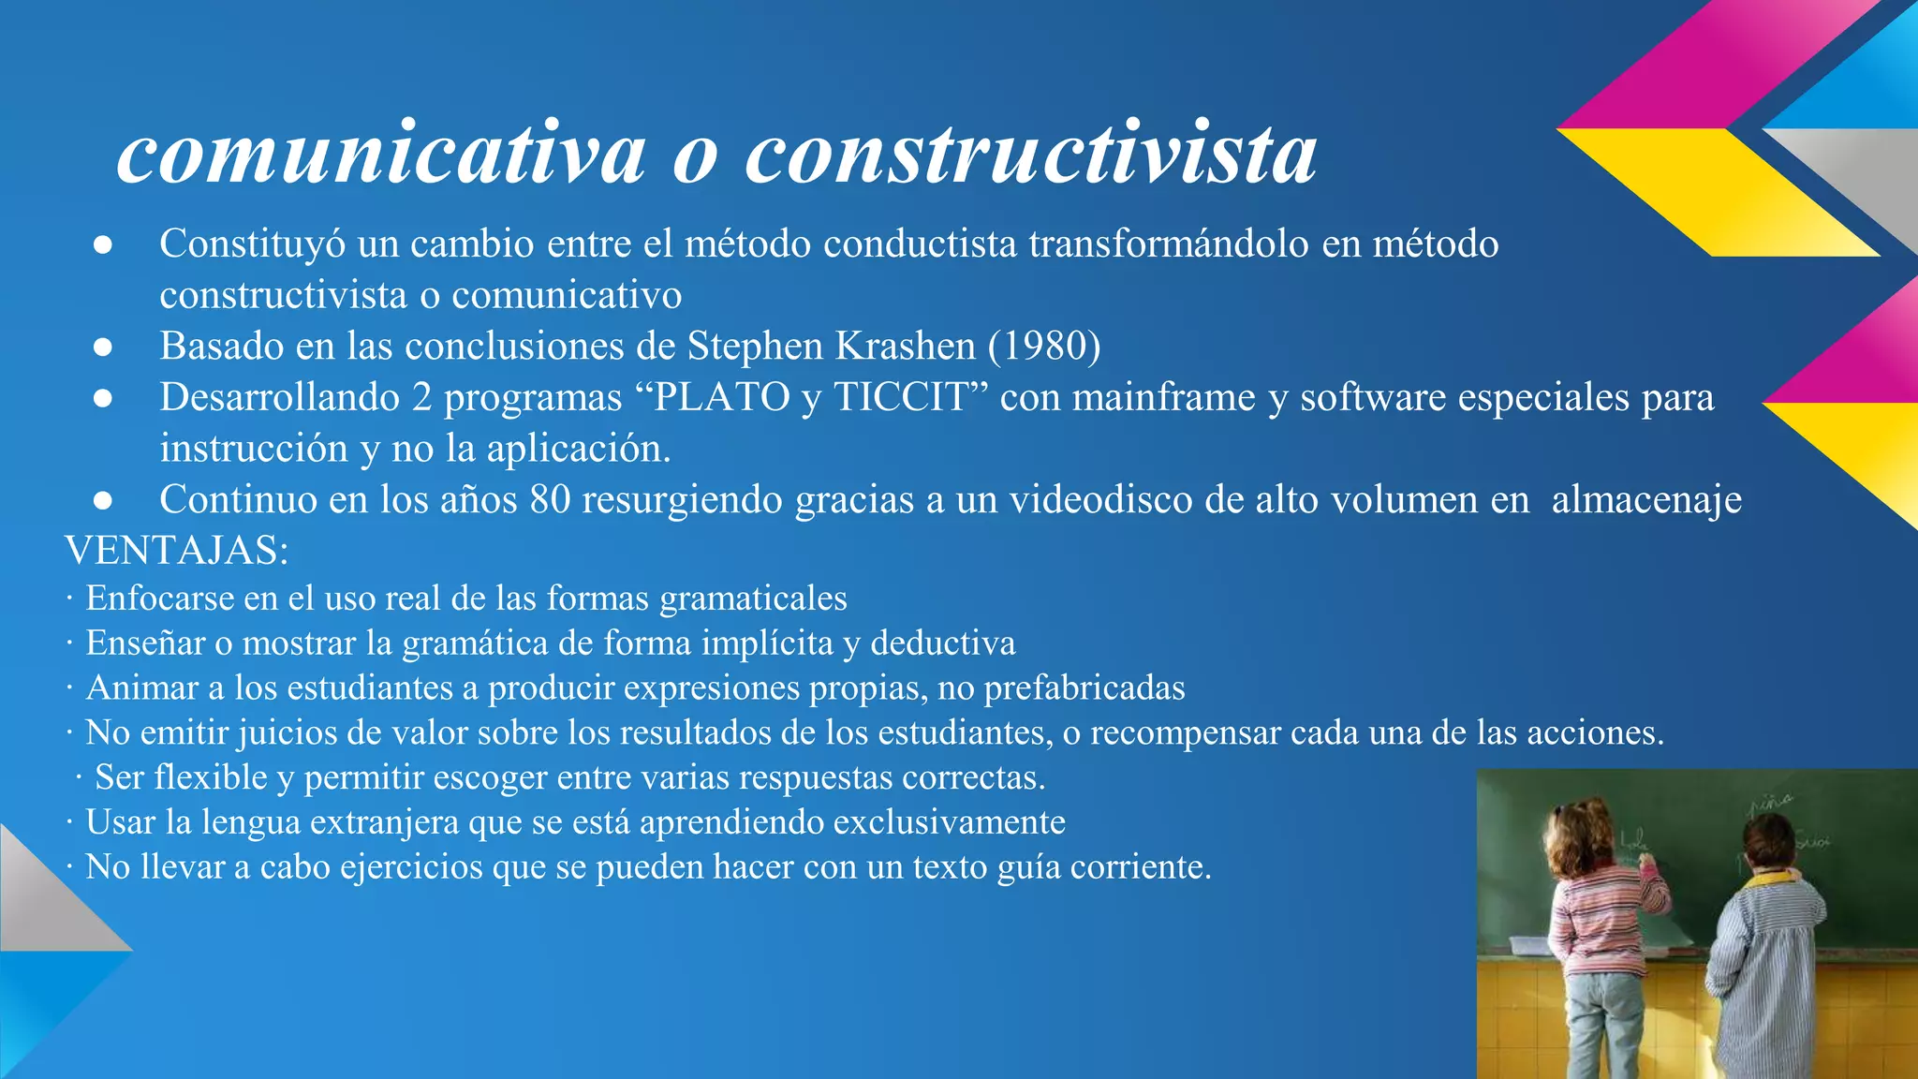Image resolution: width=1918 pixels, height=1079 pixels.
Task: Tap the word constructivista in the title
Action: tap(1030, 153)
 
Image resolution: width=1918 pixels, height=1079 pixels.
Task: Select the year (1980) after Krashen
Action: tap(1043, 347)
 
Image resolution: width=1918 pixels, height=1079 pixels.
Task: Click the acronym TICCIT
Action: tap(900, 397)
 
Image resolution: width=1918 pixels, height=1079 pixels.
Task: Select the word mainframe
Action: tap(1163, 397)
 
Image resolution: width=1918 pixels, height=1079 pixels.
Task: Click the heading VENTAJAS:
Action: tap(177, 551)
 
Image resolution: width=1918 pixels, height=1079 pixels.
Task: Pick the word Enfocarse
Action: tap(160, 599)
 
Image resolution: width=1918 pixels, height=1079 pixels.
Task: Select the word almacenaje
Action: tap(1646, 499)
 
